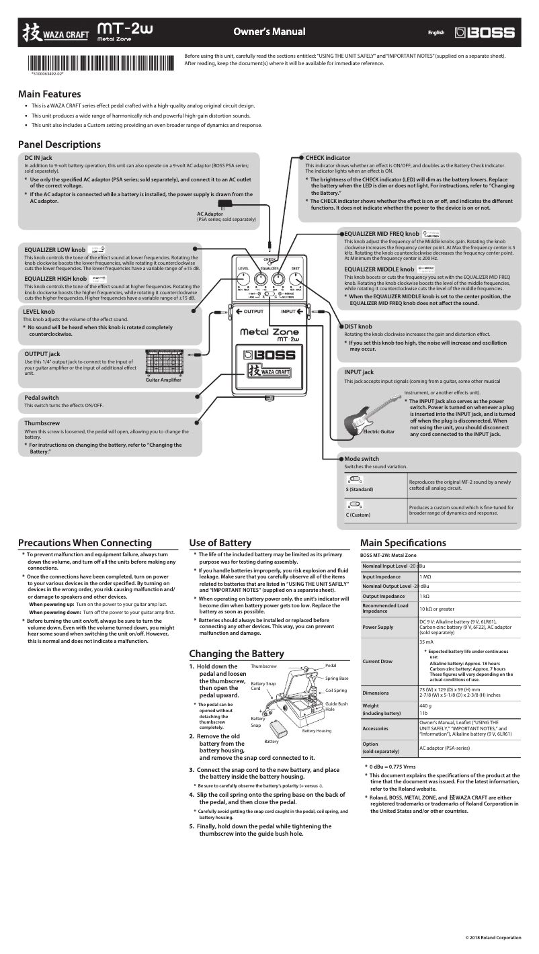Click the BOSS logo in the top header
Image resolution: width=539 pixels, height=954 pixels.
[x=485, y=32]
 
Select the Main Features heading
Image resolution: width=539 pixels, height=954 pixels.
[x=50, y=95]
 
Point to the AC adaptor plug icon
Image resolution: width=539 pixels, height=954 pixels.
[x=222, y=204]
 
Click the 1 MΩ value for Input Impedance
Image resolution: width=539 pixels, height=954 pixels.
[x=425, y=576]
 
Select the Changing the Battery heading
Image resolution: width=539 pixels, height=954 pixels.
[x=237, y=654]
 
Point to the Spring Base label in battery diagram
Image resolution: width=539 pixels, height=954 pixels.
[x=337, y=679]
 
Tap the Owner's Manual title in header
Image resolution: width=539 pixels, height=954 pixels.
[x=269, y=32]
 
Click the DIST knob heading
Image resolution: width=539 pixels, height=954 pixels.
[x=358, y=327]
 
